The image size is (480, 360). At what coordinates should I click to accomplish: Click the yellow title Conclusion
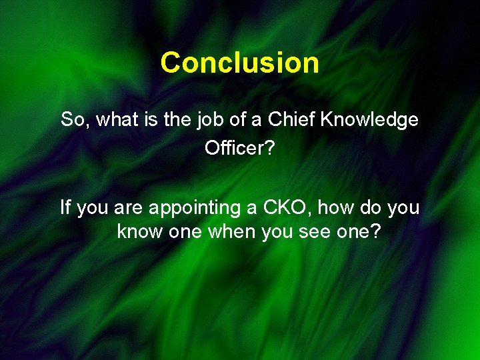pos(239,63)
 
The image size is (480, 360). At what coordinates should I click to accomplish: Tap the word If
pos(65,208)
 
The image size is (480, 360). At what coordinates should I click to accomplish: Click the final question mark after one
pos(376,233)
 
